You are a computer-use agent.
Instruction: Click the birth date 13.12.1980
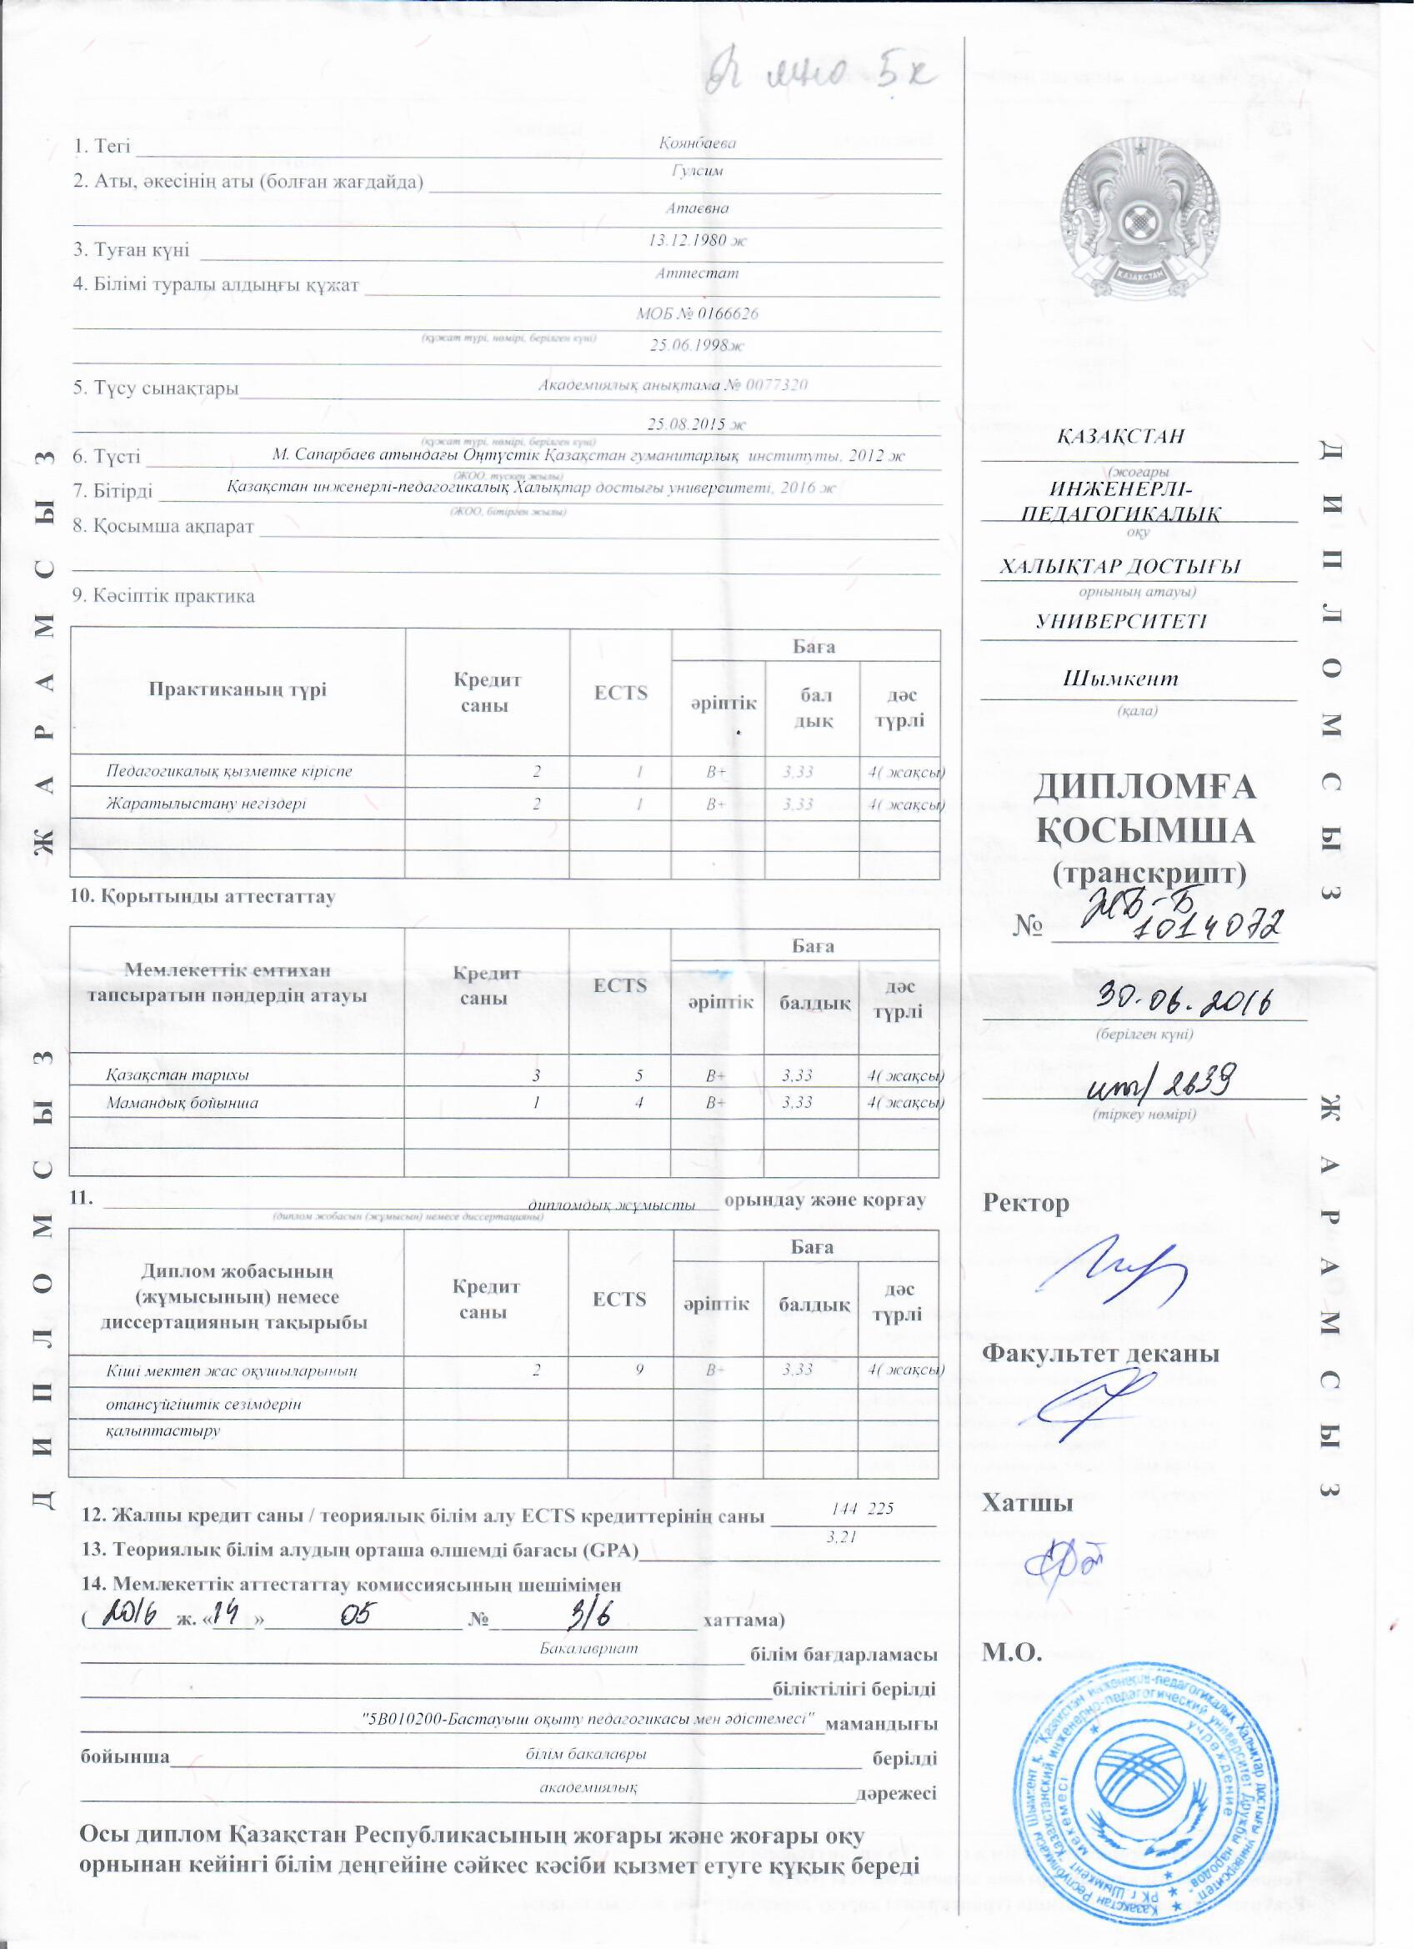click(x=697, y=241)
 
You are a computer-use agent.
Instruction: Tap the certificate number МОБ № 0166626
click(x=697, y=313)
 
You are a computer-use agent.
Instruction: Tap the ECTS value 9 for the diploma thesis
click(x=640, y=1370)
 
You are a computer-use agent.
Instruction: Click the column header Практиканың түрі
click(x=238, y=690)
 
